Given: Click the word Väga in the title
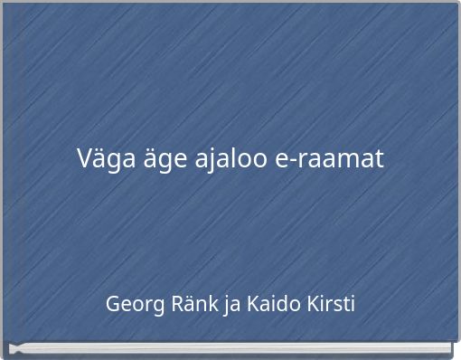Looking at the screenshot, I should click(x=101, y=160).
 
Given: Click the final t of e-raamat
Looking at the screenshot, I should click(x=379, y=160).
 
